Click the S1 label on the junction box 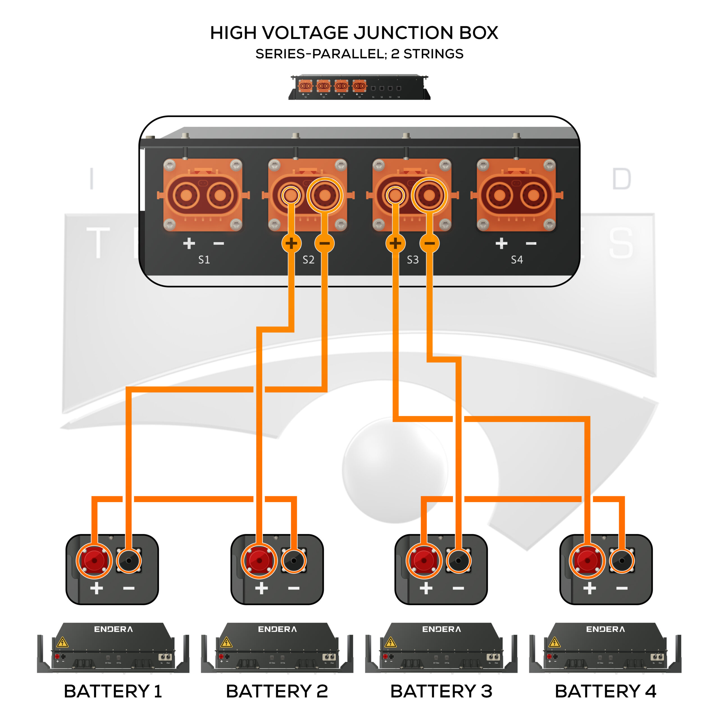[x=204, y=260]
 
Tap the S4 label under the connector [x=517, y=260]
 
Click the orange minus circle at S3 [x=429, y=244]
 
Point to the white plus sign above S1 [x=189, y=244]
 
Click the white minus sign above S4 [x=531, y=244]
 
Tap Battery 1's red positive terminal [x=94, y=561]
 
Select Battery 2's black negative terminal [x=293, y=561]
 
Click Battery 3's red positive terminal [x=424, y=561]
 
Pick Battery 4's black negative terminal [x=622, y=561]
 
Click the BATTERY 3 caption [x=442, y=691]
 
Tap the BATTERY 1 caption [x=113, y=691]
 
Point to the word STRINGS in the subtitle [x=434, y=54]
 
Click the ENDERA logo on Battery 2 [x=277, y=629]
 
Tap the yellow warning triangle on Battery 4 [x=554, y=643]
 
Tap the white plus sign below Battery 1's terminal [x=96, y=588]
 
